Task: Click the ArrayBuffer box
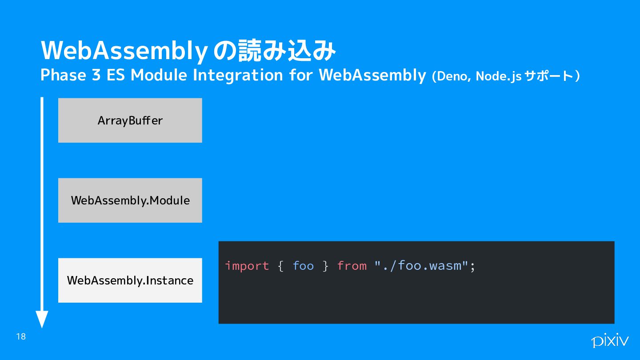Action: click(130, 120)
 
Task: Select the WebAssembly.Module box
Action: click(130, 200)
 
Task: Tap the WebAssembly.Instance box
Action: click(130, 280)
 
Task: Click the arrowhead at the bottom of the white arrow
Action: click(42, 319)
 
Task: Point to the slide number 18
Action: click(21, 336)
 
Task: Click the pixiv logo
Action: click(610, 340)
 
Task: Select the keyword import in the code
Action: click(247, 266)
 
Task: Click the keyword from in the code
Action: click(352, 266)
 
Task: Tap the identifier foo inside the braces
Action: click(303, 266)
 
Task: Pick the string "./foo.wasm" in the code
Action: click(421, 265)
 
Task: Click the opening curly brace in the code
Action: click(280, 266)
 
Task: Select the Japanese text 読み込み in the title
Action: click(287, 51)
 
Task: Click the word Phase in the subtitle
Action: click(63, 75)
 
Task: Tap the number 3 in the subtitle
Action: click(96, 75)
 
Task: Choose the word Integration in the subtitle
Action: click(238, 76)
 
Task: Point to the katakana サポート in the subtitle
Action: click(549, 76)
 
